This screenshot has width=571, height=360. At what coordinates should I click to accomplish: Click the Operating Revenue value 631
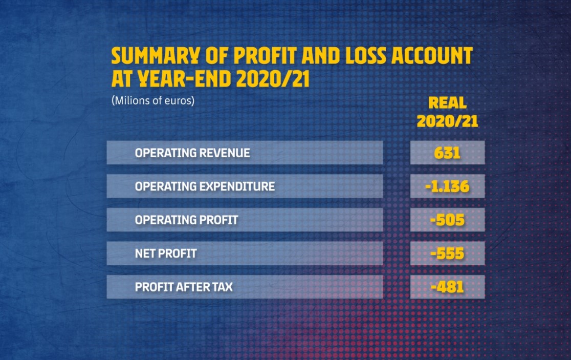447,153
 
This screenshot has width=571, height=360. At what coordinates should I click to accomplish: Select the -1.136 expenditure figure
447,186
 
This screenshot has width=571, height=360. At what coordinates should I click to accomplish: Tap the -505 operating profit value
447,220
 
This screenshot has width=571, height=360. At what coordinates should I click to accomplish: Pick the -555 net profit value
447,253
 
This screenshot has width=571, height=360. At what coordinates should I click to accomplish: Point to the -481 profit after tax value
447,287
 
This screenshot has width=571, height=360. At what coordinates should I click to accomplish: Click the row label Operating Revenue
193,153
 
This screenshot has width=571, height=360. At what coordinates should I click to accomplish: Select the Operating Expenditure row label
205,186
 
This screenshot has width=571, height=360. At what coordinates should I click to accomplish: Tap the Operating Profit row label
186,220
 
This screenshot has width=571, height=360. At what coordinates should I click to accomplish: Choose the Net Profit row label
166,253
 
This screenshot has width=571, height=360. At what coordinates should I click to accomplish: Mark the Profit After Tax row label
184,287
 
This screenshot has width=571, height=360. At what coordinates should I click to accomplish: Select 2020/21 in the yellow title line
273,79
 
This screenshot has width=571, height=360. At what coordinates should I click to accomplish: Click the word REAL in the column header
448,103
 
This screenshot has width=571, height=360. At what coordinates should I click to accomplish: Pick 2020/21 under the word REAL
448,121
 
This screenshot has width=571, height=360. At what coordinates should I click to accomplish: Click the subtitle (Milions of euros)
153,100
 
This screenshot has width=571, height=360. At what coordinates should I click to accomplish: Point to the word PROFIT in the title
265,56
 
